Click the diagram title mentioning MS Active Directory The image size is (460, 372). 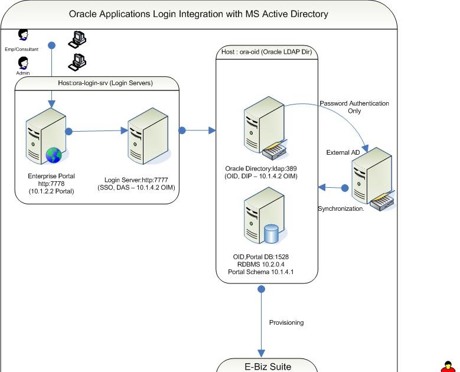(198, 14)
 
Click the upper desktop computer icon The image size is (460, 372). (77, 38)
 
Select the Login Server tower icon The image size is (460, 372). (145, 140)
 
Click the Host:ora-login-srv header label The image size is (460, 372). (97, 83)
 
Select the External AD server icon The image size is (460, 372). (370, 183)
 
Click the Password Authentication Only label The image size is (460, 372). (354, 107)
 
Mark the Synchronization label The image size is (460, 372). (341, 209)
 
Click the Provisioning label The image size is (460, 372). (286, 322)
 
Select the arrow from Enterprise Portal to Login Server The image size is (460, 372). (98, 131)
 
